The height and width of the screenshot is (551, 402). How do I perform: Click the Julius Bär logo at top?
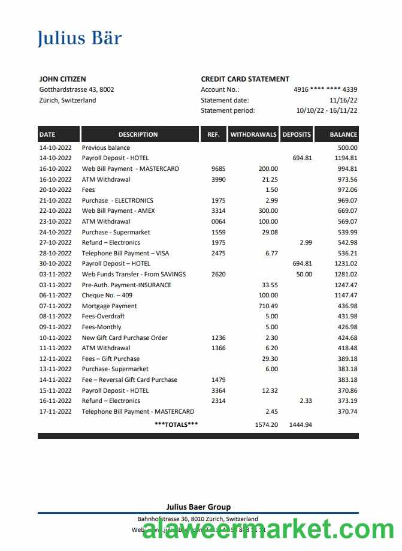pyautogui.click(x=80, y=38)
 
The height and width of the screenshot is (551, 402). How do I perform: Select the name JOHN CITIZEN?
pyautogui.click(x=62, y=79)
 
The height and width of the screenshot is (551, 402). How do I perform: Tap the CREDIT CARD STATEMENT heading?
pyautogui.click(x=245, y=79)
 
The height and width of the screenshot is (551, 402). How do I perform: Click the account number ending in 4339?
pyautogui.click(x=325, y=90)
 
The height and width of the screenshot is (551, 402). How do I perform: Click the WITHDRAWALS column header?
pyautogui.click(x=253, y=135)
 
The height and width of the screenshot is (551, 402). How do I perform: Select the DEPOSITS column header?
pyautogui.click(x=297, y=135)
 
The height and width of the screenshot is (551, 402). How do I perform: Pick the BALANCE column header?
pyautogui.click(x=343, y=135)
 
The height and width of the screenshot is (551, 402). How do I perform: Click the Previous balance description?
pyautogui.click(x=106, y=147)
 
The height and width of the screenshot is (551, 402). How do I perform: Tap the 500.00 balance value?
pyautogui.click(x=347, y=147)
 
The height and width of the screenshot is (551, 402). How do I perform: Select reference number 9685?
pyautogui.click(x=219, y=169)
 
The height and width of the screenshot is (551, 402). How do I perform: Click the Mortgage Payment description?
pyautogui.click(x=109, y=306)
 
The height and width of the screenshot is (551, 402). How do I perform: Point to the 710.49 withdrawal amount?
pyautogui.click(x=267, y=306)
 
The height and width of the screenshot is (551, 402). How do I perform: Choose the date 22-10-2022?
pyautogui.click(x=55, y=211)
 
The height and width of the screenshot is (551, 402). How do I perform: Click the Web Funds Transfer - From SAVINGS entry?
pyautogui.click(x=134, y=275)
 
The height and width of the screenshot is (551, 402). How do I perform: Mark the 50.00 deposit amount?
pyautogui.click(x=304, y=275)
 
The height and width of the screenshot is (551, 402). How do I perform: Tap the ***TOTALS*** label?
pyautogui.click(x=176, y=424)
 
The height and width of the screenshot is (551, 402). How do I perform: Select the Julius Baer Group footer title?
pyautogui.click(x=198, y=507)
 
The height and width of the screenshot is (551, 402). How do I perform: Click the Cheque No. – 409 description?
pyautogui.click(x=107, y=296)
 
